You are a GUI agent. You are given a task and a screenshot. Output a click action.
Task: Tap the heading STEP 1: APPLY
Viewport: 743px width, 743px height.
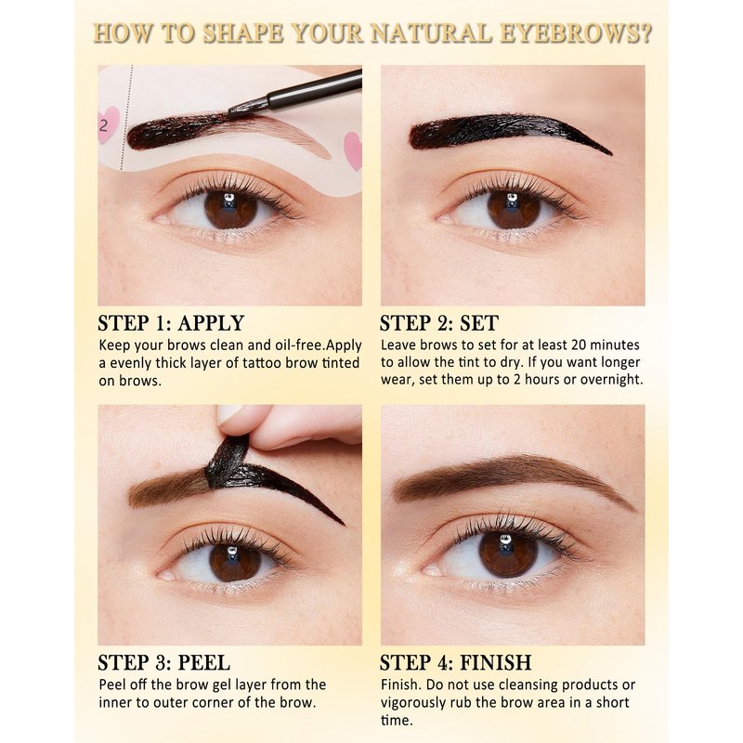(171, 323)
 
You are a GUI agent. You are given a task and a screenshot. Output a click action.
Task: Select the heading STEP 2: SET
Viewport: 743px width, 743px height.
(439, 323)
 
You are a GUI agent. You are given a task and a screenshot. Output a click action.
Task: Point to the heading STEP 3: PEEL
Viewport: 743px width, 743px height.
(164, 662)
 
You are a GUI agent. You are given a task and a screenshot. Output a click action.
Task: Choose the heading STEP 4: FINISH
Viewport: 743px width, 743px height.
(456, 662)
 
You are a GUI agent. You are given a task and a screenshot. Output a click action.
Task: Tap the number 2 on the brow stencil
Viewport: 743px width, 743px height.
(103, 125)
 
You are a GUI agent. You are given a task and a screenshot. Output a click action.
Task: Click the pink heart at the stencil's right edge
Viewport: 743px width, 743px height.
(353, 150)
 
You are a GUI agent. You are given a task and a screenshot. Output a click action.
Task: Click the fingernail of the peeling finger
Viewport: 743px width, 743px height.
(229, 415)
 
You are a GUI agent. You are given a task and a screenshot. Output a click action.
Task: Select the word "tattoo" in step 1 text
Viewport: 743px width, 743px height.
(262, 363)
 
